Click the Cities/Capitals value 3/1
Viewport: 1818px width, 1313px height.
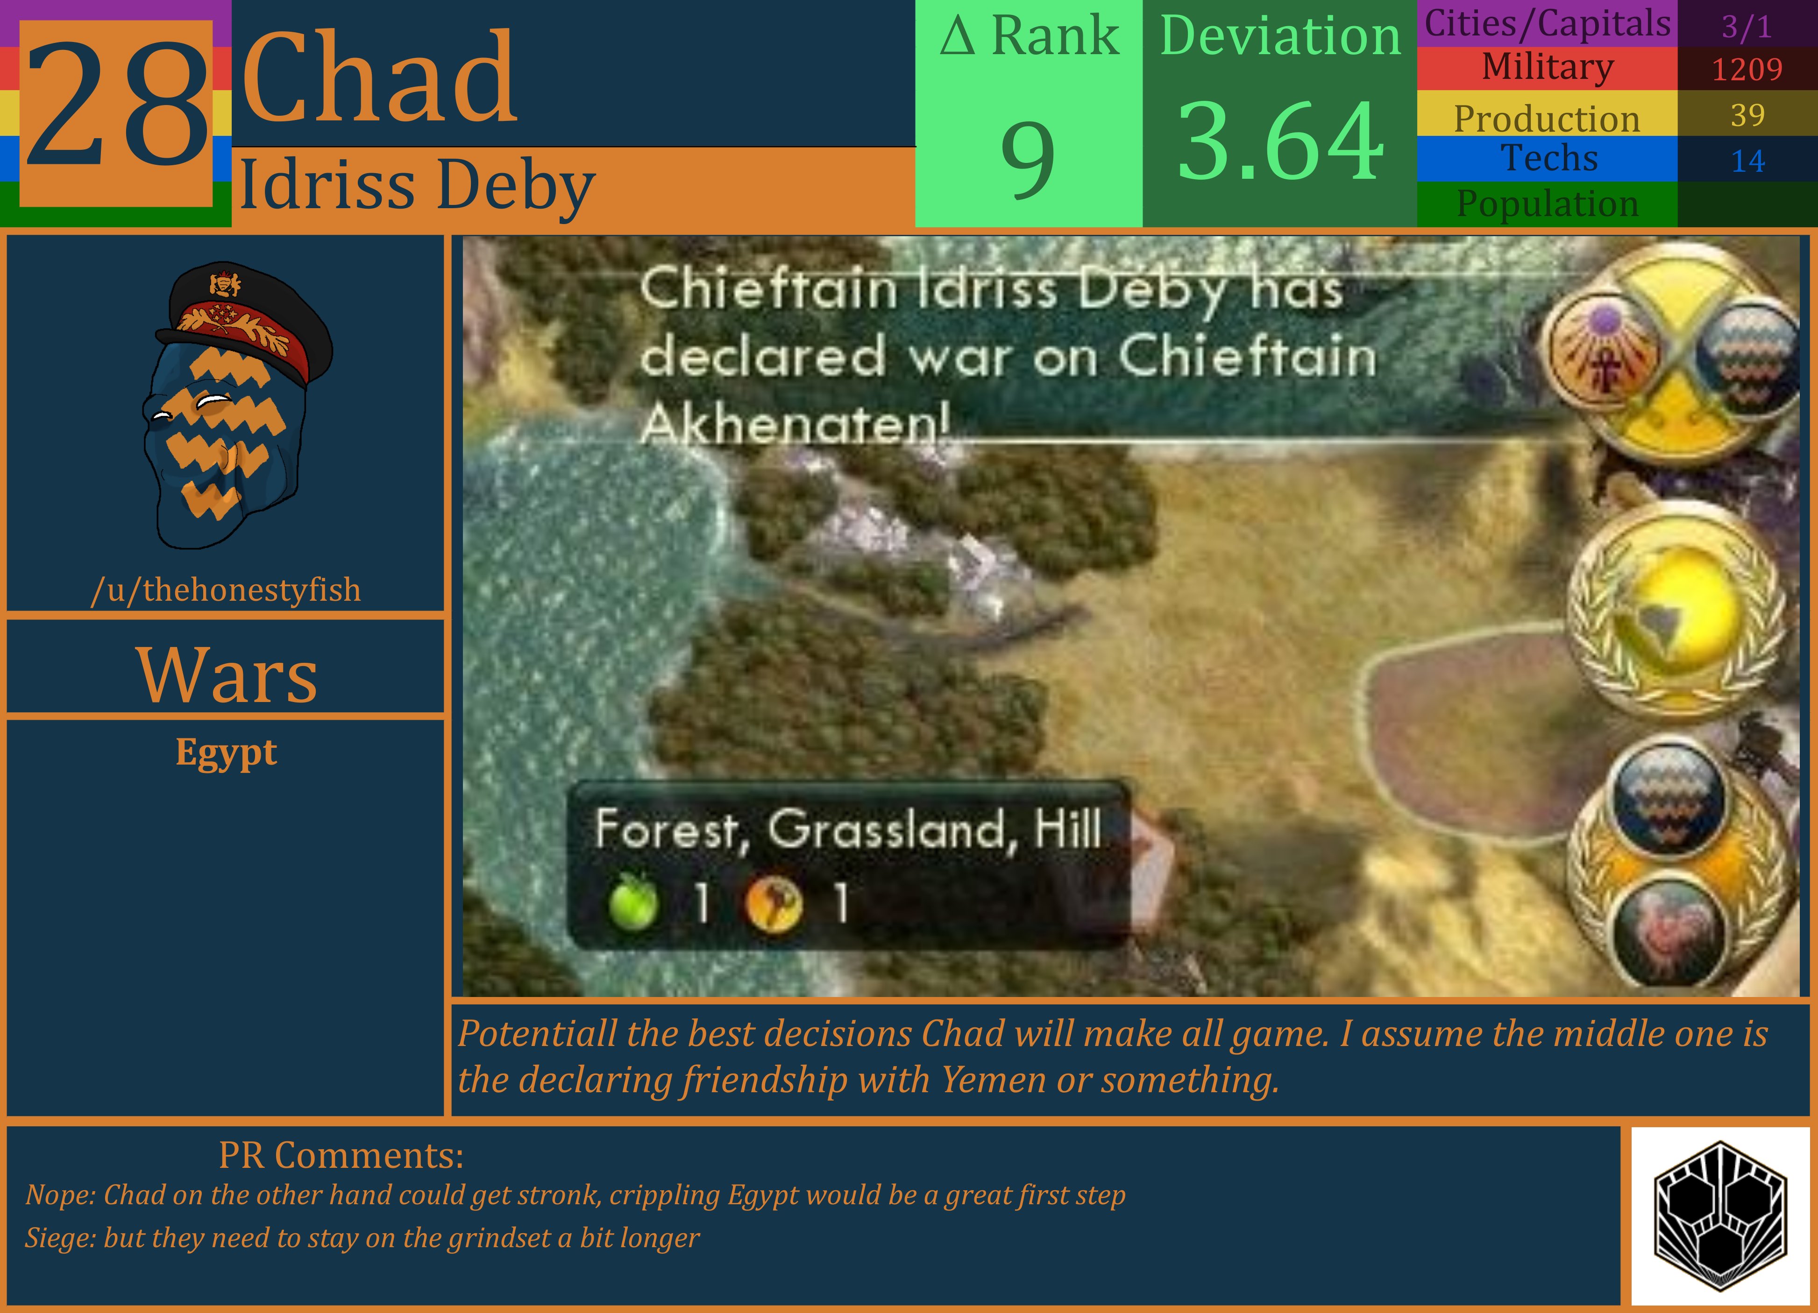coord(1747,27)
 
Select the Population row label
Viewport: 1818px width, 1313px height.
coord(1547,204)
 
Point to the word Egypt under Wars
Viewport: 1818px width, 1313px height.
coord(226,753)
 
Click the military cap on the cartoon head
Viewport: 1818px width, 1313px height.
coord(249,316)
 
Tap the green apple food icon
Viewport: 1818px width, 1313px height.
coord(633,902)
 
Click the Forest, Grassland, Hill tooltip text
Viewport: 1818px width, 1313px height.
coord(847,829)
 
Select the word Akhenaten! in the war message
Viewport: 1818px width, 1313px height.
coord(794,423)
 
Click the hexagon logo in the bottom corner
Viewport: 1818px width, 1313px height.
coord(1720,1216)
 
